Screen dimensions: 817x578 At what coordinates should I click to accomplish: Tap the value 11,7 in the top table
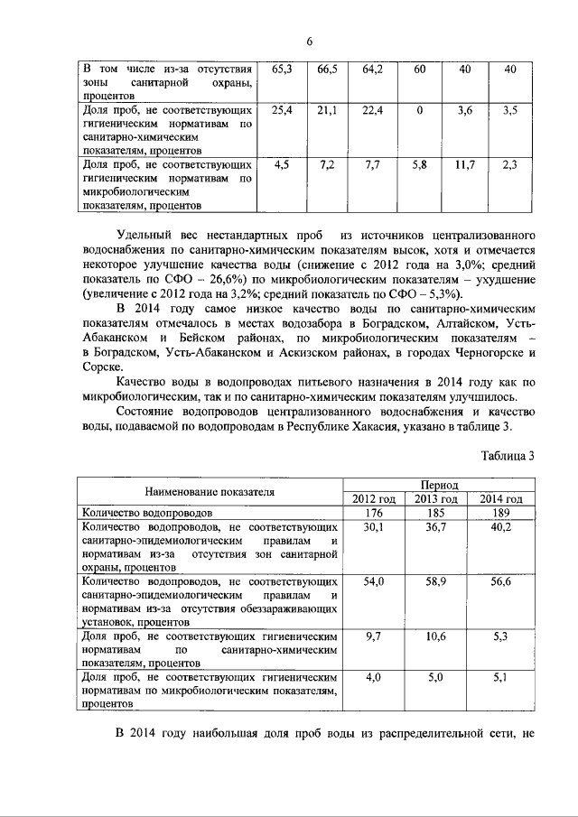(x=465, y=165)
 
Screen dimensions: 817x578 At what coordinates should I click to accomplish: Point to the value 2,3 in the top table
(x=509, y=165)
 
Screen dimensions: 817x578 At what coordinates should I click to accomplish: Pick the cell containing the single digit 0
(x=420, y=110)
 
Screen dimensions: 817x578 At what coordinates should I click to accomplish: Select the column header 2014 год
(x=501, y=499)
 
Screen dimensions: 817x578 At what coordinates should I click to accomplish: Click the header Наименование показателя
(x=210, y=492)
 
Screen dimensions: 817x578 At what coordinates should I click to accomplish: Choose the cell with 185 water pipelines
(x=437, y=514)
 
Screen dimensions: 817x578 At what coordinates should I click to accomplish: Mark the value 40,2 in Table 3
(x=501, y=528)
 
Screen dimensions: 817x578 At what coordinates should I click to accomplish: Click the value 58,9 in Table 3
(x=437, y=583)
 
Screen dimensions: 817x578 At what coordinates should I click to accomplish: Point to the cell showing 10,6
(x=437, y=637)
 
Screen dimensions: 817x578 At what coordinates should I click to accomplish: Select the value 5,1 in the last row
(x=501, y=678)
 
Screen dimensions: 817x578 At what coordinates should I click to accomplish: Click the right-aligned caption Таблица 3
(x=508, y=455)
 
